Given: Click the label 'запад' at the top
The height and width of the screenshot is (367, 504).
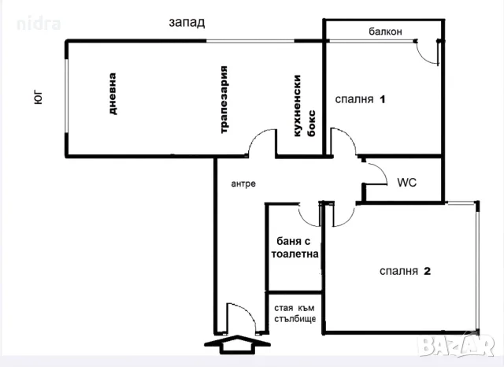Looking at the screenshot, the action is [187, 23].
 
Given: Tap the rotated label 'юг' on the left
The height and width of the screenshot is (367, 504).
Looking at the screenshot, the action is [38, 98].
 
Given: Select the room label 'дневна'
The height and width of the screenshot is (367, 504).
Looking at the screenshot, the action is [112, 94].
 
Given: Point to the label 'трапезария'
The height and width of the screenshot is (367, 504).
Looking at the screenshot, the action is [224, 99].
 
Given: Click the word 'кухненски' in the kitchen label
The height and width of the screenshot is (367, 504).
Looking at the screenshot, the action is [298, 106].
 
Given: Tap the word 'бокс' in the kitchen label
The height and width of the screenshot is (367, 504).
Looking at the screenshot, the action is [312, 124].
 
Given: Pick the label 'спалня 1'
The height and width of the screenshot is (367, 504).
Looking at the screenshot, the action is [360, 99].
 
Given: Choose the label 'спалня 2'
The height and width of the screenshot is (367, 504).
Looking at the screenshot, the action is [405, 271].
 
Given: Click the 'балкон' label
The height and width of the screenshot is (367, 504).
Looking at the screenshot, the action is [385, 32].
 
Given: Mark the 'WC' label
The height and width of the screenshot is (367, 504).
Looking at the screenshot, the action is [407, 183].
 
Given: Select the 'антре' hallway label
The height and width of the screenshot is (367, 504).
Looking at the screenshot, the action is [243, 183].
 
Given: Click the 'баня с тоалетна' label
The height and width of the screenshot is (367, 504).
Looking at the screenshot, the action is [295, 247].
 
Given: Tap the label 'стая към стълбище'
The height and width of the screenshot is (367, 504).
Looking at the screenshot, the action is [295, 313].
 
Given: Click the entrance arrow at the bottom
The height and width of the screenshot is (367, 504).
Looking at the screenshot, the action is [237, 344].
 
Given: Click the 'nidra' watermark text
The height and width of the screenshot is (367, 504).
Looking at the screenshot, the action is [39, 24].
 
